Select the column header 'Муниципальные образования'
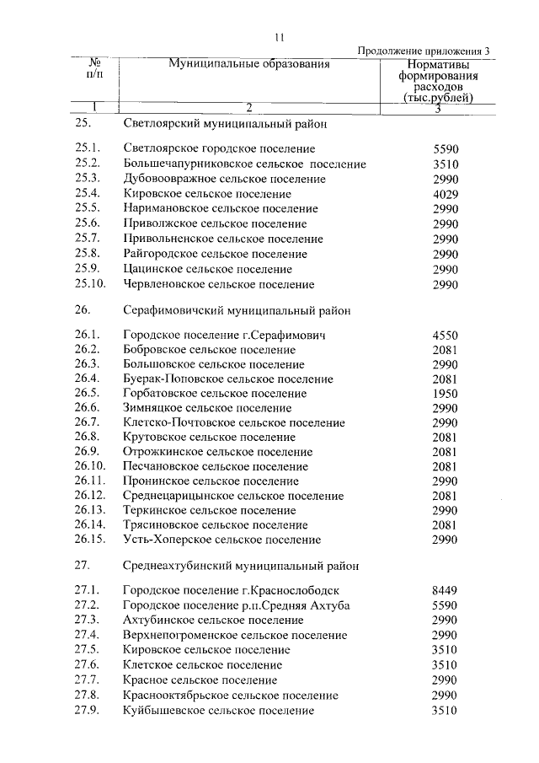point(248,63)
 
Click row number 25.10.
point(90,285)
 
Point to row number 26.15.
point(90,540)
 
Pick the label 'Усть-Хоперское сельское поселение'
point(221,540)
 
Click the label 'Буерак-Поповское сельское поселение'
point(227,379)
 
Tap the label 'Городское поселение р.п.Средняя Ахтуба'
point(236,606)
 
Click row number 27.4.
point(88,635)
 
